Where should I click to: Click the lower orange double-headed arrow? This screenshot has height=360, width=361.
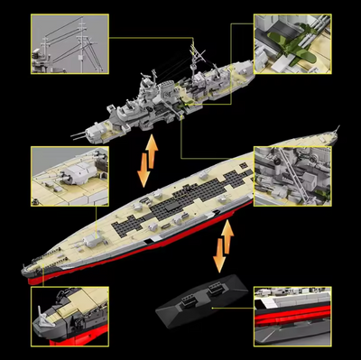click(220, 245)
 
